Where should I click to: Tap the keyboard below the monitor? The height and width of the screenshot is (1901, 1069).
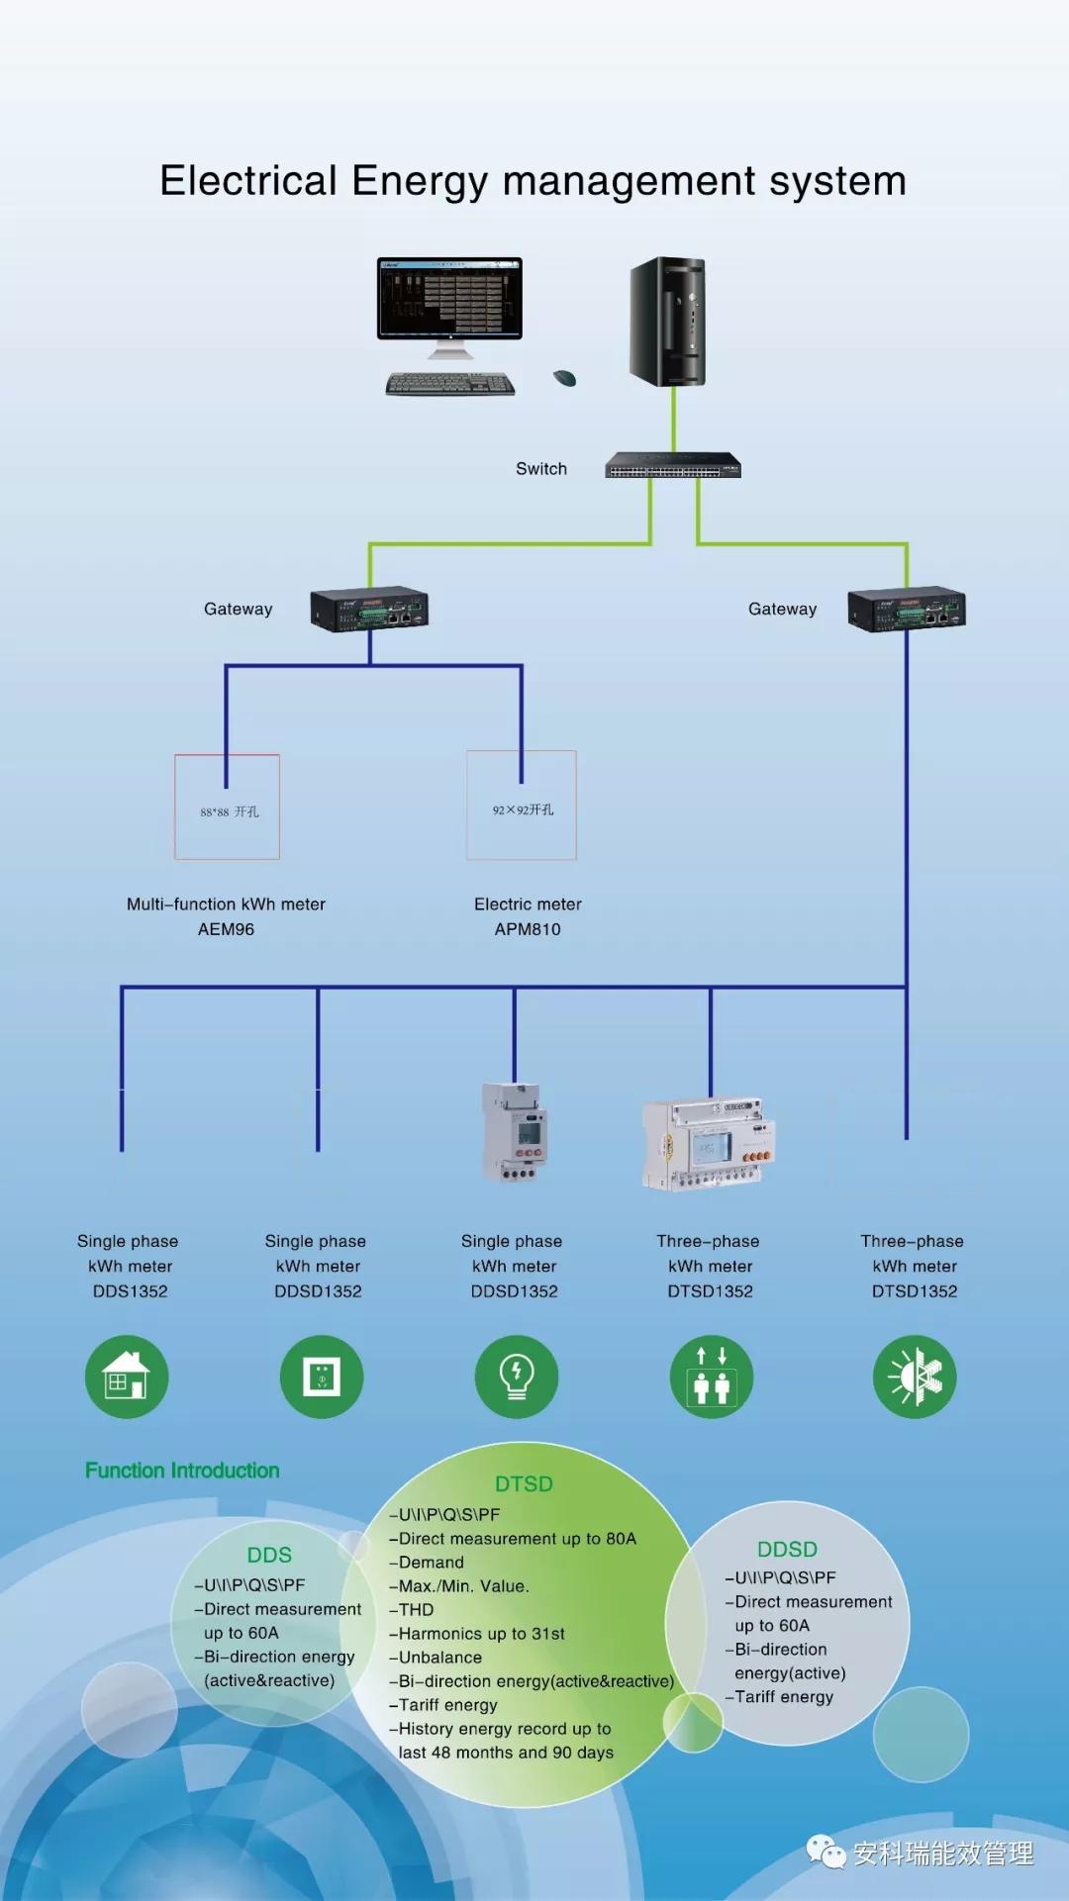coord(450,384)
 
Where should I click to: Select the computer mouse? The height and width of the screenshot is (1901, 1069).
coord(564,377)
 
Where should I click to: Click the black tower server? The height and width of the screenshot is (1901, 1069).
coord(668,322)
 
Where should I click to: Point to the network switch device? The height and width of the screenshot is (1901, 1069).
coord(673,465)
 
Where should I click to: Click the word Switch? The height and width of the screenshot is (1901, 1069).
coord(541,469)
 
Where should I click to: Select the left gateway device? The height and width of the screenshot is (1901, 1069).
coord(369,609)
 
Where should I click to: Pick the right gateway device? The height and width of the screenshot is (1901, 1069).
coord(907,609)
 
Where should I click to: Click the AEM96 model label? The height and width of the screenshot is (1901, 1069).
coord(226,929)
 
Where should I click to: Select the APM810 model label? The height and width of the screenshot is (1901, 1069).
coord(528,929)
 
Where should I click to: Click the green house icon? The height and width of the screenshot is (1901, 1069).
coord(127,1377)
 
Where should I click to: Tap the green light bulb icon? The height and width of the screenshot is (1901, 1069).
coord(517,1377)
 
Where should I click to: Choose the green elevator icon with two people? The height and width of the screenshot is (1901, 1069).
coord(712,1377)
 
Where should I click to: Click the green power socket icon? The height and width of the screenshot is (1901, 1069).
coord(322,1377)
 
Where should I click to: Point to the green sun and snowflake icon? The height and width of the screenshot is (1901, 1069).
coord(915,1377)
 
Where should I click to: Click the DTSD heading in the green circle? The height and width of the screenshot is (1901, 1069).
coord(524,1484)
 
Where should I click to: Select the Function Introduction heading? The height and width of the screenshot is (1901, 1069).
coord(182,1471)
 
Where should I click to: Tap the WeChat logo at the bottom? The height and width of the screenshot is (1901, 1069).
coord(826,1852)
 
